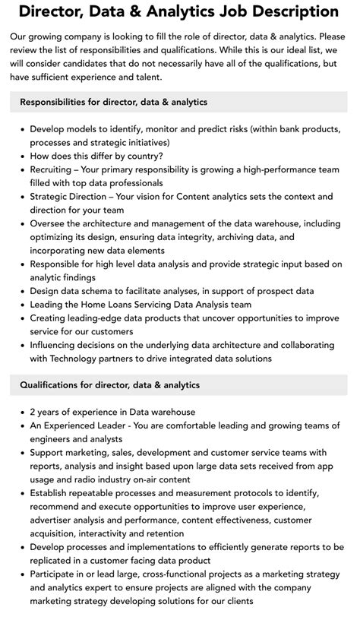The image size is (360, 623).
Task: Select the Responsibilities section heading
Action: (114, 102)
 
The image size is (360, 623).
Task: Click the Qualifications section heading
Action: (110, 385)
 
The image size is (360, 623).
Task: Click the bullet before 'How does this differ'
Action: (22, 156)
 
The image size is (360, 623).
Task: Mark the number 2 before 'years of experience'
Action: (33, 412)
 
